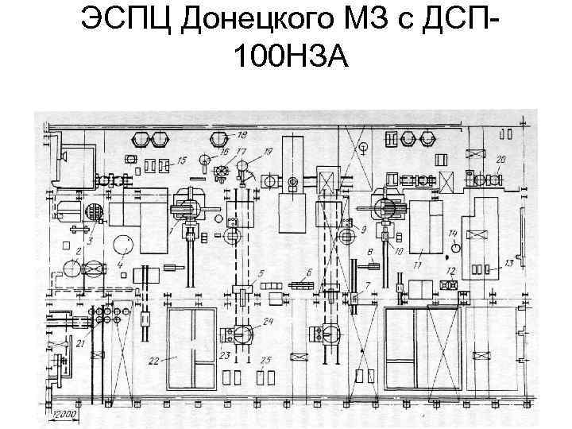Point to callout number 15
182,160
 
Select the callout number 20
500,160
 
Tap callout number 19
269,151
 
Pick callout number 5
261,272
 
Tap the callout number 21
80,342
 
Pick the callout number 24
269,321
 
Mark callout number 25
266,360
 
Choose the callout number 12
451,271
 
